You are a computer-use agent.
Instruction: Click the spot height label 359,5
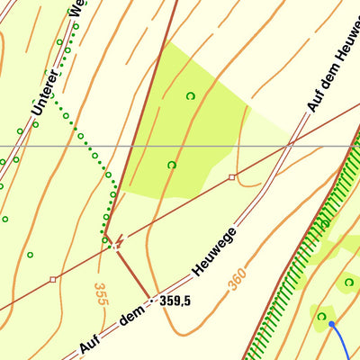tap(175, 301)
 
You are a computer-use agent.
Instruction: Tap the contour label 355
tap(100, 293)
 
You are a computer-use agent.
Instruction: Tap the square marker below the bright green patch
tap(232, 177)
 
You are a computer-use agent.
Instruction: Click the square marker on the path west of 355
tap(53, 280)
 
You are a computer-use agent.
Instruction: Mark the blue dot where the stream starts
tap(331, 323)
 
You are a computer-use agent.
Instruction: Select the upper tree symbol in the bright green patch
tap(190, 95)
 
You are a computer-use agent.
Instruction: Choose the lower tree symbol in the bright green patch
tap(172, 165)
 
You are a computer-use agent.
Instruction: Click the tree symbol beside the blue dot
tap(320, 316)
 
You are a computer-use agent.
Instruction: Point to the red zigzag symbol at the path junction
tap(117, 242)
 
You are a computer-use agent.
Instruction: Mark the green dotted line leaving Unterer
tap(90, 148)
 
